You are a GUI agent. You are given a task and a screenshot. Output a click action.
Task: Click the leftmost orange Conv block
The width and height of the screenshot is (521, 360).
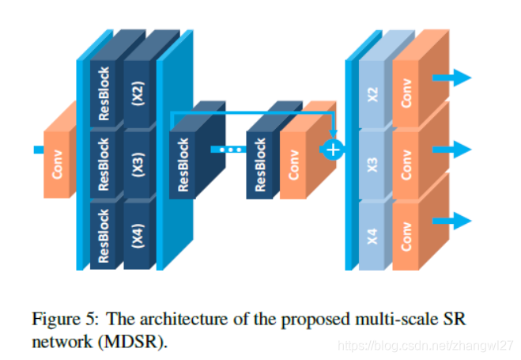58,159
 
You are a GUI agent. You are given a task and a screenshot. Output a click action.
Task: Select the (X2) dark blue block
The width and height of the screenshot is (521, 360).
139,94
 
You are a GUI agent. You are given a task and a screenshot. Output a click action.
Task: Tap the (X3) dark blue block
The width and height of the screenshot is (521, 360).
139,165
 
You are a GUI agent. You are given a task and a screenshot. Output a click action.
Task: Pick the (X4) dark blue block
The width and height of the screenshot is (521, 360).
139,235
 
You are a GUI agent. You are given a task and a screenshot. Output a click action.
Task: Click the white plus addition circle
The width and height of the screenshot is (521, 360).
334,150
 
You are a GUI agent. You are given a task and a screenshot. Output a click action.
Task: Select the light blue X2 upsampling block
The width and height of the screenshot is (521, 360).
374,94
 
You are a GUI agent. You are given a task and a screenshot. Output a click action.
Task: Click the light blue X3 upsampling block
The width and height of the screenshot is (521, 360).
374,165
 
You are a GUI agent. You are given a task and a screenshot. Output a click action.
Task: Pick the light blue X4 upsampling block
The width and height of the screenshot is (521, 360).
374,235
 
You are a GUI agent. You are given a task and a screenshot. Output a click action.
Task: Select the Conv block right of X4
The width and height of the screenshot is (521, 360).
408,235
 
